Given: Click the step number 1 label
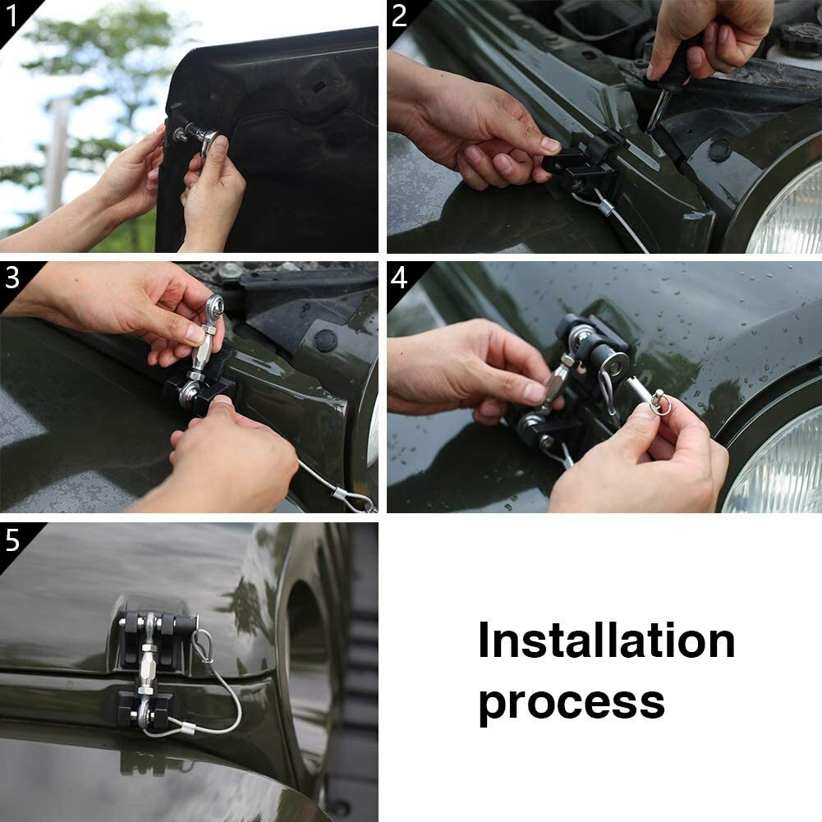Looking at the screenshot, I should pyautogui.click(x=12, y=15).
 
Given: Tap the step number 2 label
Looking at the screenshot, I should pyautogui.click(x=399, y=15).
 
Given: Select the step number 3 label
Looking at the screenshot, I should pyautogui.click(x=12, y=278).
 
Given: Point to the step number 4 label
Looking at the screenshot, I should pyautogui.click(x=399, y=278).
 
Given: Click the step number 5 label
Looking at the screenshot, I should pyautogui.click(x=12, y=540).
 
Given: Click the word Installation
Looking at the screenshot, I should pyautogui.click(x=606, y=641).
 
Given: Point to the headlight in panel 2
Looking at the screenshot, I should pyautogui.click(x=788, y=209).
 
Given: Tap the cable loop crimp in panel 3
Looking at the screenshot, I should pyautogui.click(x=338, y=494).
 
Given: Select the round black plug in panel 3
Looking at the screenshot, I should pyautogui.click(x=326, y=339).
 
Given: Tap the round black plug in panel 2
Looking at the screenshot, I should pyautogui.click(x=720, y=150).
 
